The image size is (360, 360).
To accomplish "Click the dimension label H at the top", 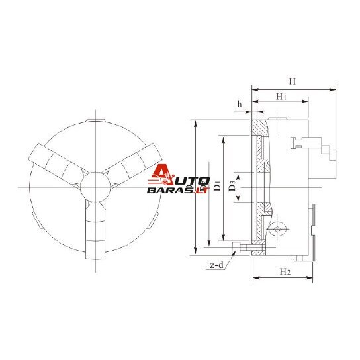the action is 292,81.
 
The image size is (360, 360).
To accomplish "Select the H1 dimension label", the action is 281,97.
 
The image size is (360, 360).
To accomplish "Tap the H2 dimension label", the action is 285,271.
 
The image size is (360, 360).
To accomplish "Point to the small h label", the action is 240,104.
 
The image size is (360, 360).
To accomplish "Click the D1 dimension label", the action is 217,186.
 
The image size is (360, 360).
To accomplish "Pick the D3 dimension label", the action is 232,186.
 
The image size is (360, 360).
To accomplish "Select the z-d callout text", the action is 216,265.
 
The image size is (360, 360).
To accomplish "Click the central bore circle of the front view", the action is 95,187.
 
